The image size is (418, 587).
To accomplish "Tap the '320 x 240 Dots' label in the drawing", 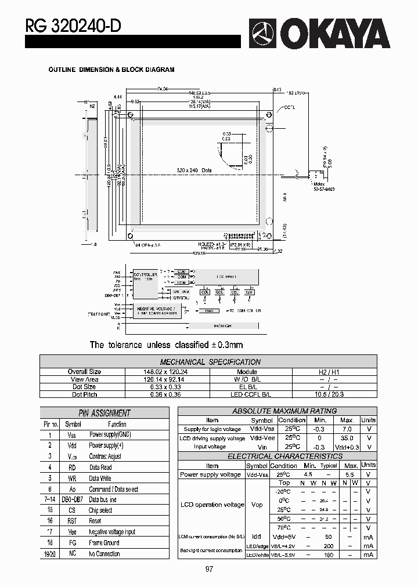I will coord(194,171).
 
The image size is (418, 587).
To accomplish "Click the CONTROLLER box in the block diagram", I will coord(145,277).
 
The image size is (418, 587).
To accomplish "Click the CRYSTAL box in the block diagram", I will coord(181,298).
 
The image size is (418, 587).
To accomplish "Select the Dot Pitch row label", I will coord(84,394).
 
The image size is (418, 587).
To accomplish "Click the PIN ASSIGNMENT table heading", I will coord(104,413).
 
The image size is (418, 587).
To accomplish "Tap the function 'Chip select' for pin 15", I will coord(100,510).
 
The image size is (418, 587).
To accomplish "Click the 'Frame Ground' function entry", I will coord(104,543).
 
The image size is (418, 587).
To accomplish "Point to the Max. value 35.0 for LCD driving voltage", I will coord(347,438).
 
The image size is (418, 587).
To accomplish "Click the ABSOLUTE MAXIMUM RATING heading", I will coord(276,411).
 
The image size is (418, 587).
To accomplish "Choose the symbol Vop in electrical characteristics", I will coord(257,505).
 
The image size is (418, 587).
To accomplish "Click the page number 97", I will coord(209,569).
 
